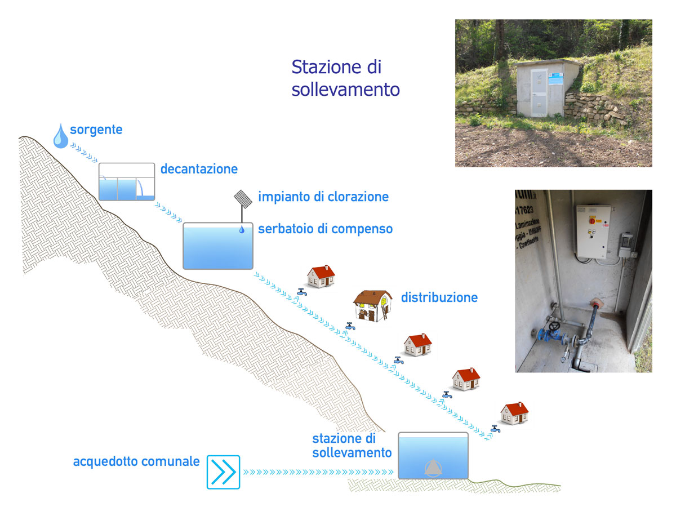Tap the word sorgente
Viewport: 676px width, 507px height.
tap(96, 130)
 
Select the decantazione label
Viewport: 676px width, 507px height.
tap(199, 169)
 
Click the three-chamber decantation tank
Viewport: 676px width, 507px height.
tap(127, 182)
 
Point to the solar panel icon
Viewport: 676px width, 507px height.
tap(243, 198)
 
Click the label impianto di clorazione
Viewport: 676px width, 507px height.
tap(323, 197)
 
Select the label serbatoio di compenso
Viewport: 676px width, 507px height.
tap(325, 229)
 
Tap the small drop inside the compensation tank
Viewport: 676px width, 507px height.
tap(242, 229)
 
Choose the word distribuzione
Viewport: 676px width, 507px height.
tap(439, 297)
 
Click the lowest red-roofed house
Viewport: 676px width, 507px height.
tap(515, 413)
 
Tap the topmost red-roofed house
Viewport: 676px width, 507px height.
tap(321, 277)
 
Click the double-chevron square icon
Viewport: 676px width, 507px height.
tap(223, 472)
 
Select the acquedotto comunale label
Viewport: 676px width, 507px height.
tap(136, 462)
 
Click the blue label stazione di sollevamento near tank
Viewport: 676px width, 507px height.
tap(352, 446)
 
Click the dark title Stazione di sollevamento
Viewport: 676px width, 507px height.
tap(345, 78)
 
